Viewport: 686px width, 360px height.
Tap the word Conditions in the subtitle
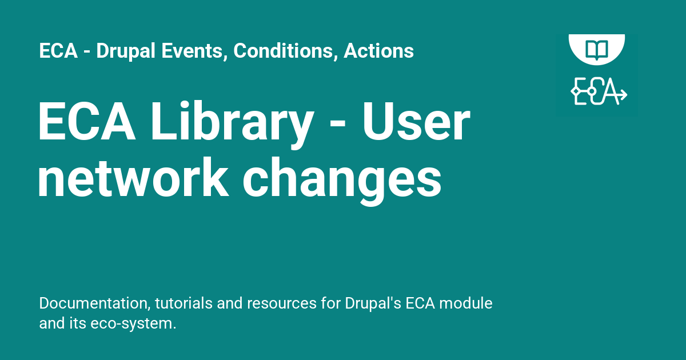283,51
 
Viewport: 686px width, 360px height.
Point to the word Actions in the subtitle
378,51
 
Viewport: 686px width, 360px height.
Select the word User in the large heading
416,124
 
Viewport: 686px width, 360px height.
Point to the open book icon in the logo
596,48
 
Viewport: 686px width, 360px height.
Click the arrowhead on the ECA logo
623,94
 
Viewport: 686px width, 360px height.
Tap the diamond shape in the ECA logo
576,91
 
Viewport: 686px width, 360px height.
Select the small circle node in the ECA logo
592,91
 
